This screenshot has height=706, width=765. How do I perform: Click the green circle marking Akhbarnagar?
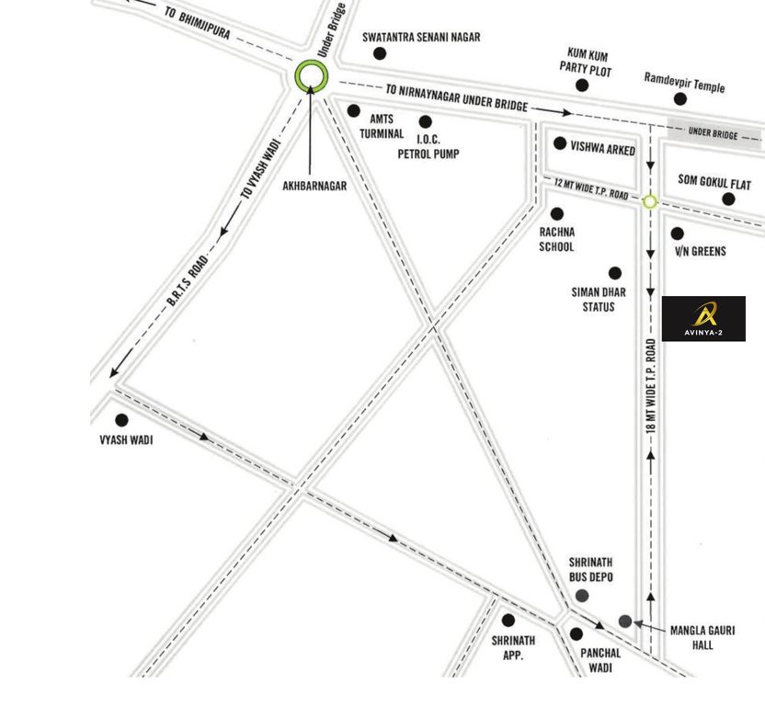tap(312, 75)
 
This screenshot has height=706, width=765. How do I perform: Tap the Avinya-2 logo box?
tap(703, 318)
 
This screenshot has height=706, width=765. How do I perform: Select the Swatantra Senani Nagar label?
tap(421, 38)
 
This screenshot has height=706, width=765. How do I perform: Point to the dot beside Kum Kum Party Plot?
tap(582, 85)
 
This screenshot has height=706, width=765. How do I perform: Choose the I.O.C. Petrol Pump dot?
tap(425, 121)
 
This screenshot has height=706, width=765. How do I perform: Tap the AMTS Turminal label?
tap(382, 126)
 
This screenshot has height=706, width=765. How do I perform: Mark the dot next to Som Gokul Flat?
tap(728, 199)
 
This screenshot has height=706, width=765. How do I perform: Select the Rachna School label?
tap(556, 240)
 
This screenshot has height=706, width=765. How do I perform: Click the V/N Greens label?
tap(701, 252)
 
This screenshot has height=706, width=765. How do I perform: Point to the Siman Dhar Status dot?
tap(614, 273)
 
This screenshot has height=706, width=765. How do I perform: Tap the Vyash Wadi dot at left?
tap(121, 420)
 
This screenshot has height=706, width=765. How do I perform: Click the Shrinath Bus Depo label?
tap(590, 569)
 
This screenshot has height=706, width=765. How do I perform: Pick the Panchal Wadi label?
tap(601, 660)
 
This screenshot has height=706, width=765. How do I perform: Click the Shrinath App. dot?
tap(508, 621)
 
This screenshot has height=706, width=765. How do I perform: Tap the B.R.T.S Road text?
tap(188, 280)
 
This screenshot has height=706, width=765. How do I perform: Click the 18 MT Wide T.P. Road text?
tap(651, 386)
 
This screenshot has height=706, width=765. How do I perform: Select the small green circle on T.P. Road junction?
tap(650, 201)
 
